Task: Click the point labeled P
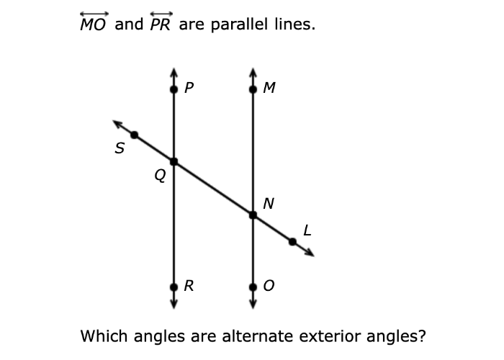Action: coord(174,90)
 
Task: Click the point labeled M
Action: coord(253,90)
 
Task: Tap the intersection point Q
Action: coord(174,161)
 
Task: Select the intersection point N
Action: coord(253,215)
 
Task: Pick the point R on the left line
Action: coord(174,287)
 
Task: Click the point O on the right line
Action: coord(253,287)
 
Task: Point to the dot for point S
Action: coord(134,135)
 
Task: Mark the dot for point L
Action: coord(292,242)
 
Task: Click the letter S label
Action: coord(120,150)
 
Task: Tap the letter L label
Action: coord(307,230)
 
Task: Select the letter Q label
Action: coord(160,175)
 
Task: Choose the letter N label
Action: coord(268,204)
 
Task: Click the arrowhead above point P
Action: coord(174,71)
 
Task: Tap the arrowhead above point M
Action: coord(253,71)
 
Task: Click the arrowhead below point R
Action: coord(174,305)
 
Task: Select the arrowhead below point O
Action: coord(253,305)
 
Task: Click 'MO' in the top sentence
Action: coord(94,25)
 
